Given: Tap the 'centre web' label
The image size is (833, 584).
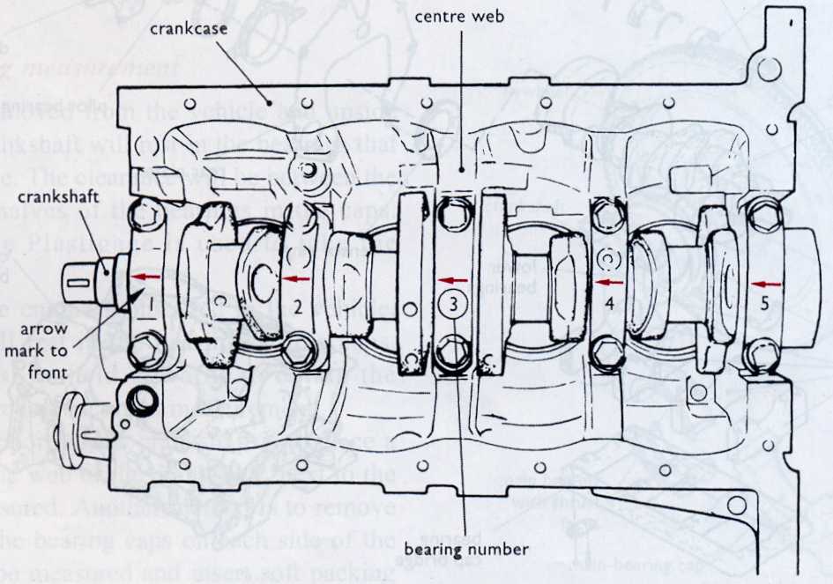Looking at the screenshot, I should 461,17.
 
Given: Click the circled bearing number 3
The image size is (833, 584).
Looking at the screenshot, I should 452,305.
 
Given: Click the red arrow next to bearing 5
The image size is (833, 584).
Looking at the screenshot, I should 769,284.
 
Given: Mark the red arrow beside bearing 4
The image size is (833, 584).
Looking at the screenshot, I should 609,282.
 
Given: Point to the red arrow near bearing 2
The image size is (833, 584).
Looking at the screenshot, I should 296,277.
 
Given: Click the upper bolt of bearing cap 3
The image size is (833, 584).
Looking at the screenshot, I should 452,211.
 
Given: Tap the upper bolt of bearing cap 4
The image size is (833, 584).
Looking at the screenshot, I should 606,213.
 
